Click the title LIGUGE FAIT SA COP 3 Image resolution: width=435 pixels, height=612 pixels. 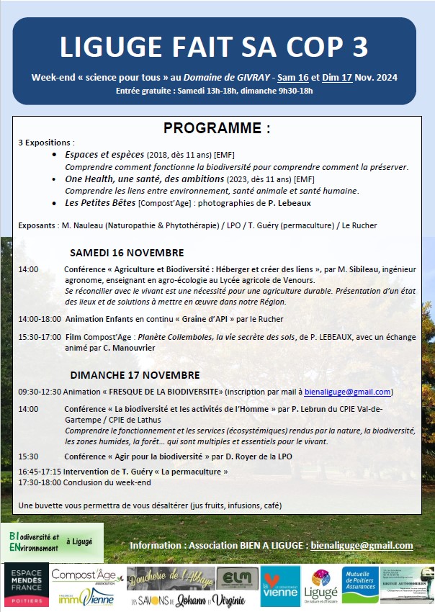coord(214,47)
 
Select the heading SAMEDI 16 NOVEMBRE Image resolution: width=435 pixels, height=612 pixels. coord(127,253)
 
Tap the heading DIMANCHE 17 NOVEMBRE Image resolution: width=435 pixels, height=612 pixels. coord(135,375)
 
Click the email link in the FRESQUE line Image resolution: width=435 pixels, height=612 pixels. coord(348,392)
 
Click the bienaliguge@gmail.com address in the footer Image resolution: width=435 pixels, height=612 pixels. coord(362,545)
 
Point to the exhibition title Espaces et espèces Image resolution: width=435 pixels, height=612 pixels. coord(104,155)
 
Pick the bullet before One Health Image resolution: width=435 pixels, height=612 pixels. coord(57,179)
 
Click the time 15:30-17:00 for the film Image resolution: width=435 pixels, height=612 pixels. coord(39,336)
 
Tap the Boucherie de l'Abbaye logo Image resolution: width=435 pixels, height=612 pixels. coord(171,577)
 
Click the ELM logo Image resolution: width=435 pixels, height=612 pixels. coord(237,578)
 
